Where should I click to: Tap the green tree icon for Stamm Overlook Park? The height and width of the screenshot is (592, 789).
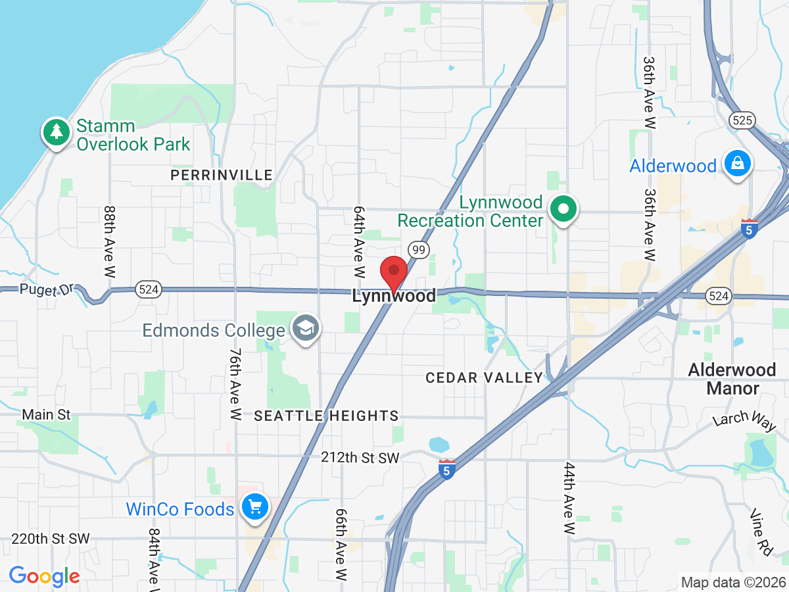coord(57,132)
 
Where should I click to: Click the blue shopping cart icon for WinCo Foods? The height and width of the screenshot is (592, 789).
coord(254,507)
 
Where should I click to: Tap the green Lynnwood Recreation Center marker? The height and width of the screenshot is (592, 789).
coord(563,210)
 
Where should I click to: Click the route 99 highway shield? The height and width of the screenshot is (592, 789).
coord(418,249)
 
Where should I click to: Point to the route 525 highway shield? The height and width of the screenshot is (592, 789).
coord(742,120)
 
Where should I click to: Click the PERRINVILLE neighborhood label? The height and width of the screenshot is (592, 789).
coord(221,175)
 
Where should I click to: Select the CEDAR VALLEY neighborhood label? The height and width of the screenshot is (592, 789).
coord(484,378)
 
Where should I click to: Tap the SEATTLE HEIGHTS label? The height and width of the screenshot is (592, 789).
coord(326,416)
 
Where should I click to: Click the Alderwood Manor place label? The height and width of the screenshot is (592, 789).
coord(732,379)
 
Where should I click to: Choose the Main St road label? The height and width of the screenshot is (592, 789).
coord(46,415)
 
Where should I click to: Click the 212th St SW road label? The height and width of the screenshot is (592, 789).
coord(360,458)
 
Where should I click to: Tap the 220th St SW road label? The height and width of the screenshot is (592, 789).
coord(50,539)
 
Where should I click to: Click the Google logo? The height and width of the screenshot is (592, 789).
coord(44,576)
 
